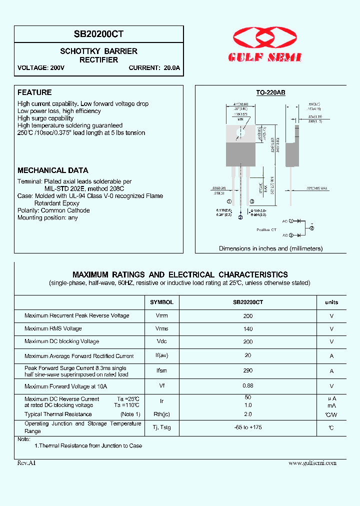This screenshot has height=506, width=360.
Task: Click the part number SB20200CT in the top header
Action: [99, 34]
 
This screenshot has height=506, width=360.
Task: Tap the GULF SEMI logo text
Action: [265, 58]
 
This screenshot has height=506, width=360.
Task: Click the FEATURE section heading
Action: [34, 92]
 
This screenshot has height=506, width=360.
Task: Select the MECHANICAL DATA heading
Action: [53, 170]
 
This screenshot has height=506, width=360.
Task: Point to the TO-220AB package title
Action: [270, 92]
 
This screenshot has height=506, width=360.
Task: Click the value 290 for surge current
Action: [248, 370]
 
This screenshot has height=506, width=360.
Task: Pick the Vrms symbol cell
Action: [161, 328]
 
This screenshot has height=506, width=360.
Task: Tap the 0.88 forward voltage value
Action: [248, 385]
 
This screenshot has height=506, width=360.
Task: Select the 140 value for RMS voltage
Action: [248, 328]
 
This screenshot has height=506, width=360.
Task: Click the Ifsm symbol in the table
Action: [161, 370]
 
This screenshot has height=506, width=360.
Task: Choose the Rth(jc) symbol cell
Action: [161, 414]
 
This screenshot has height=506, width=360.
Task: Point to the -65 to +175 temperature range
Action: [248, 427]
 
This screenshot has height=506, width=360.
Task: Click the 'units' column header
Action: [331, 302]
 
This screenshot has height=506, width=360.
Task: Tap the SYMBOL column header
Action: [161, 302]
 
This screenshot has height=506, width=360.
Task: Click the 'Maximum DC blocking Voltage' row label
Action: [62, 341]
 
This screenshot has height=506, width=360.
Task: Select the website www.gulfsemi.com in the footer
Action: [312, 463]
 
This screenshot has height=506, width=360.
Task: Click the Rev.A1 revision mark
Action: [26, 463]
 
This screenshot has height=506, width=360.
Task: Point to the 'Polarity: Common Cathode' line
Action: [53, 210]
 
